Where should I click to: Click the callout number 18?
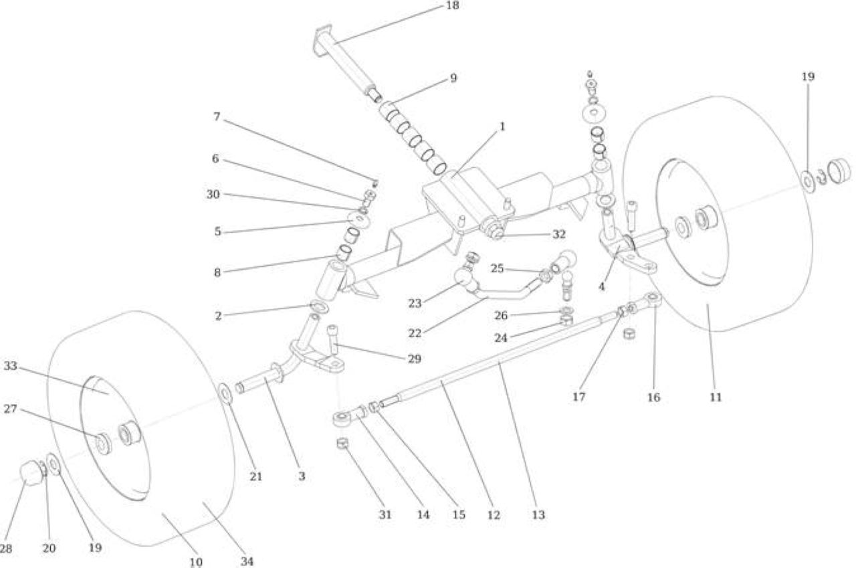pos(453,6)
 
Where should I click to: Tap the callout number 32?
pos(559,234)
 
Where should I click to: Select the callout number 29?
pos(414,359)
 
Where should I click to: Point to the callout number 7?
pos(217,116)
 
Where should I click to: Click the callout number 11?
pos(716,397)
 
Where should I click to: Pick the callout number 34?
pos(247,561)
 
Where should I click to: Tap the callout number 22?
pos(415,333)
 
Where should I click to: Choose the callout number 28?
pos(6,549)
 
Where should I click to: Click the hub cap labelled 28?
pos(31,474)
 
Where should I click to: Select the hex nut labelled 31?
pos(343,444)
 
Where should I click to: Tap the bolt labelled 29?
pos(333,339)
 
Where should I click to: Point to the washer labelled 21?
pos(225,393)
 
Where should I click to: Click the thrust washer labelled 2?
pos(320,306)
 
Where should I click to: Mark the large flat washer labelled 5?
pos(360,221)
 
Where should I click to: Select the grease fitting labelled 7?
pos(375,183)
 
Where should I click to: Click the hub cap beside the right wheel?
pos(839,171)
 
